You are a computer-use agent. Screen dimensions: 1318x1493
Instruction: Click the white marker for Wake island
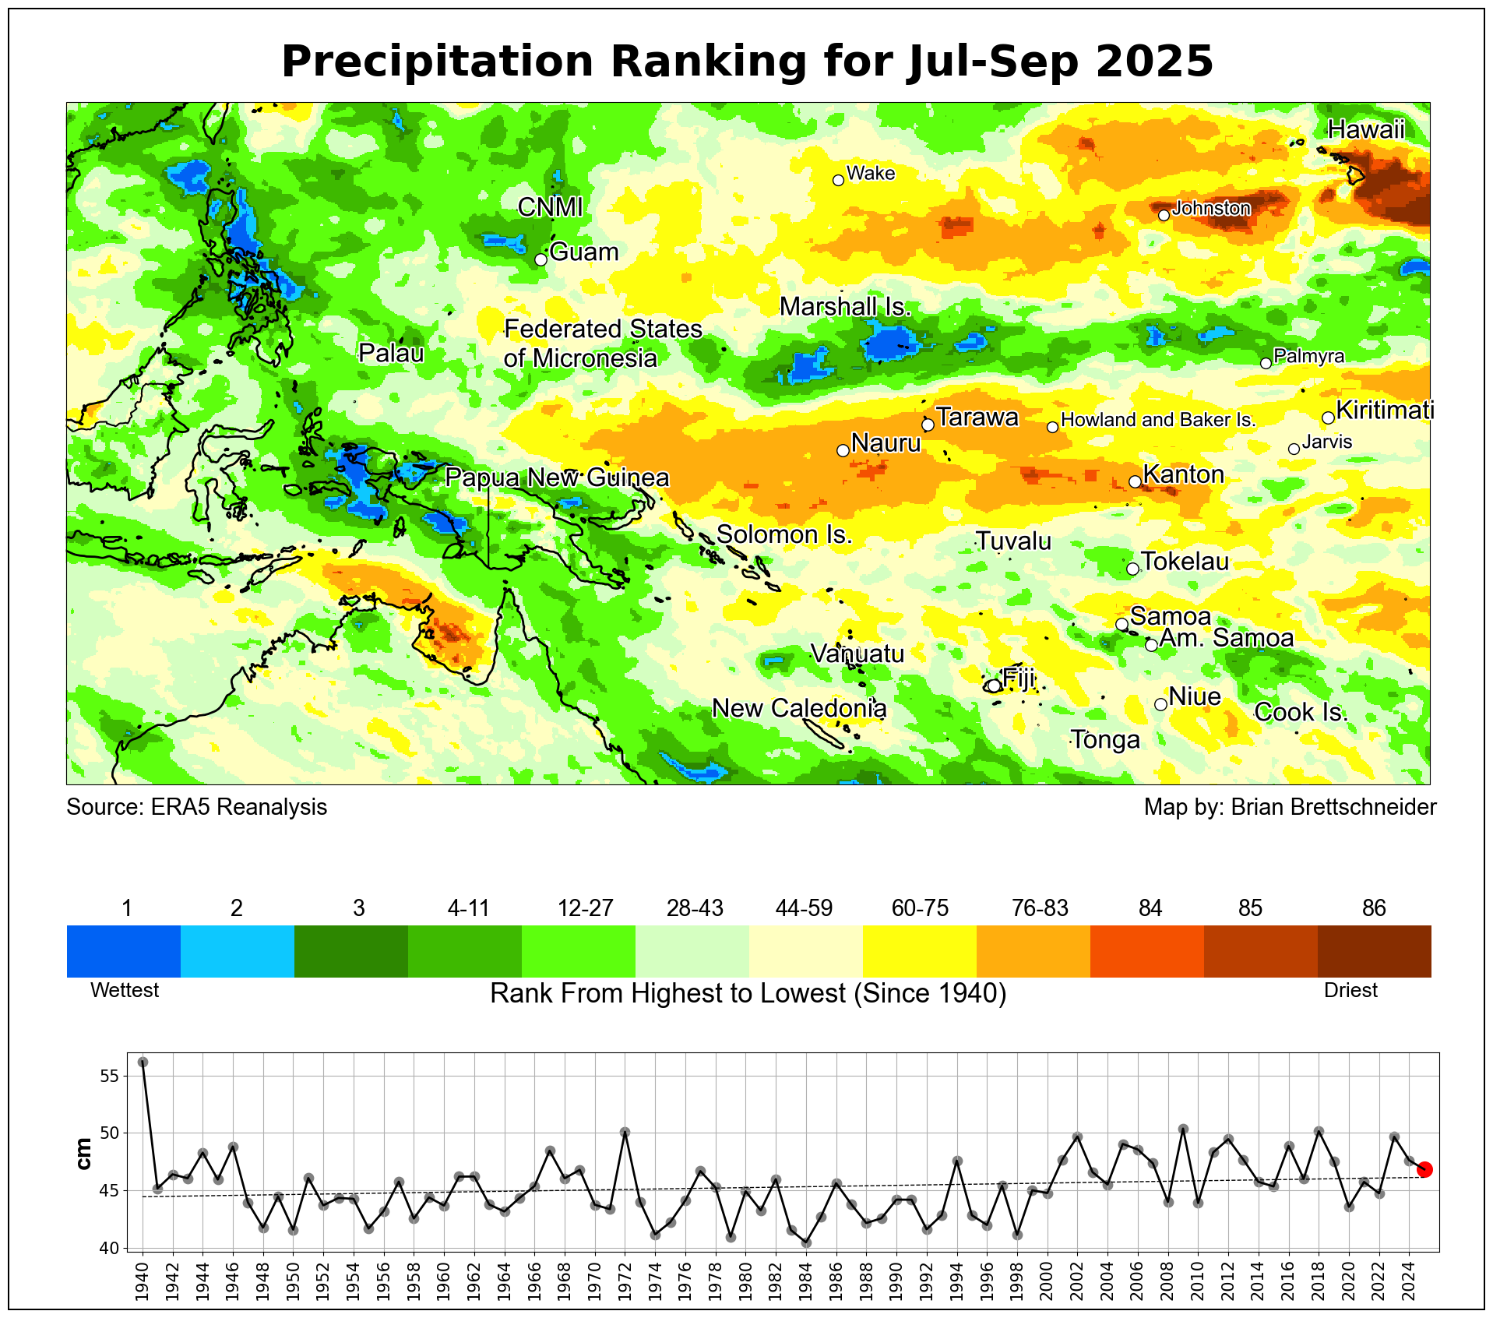838,180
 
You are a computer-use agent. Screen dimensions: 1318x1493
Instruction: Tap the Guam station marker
541,259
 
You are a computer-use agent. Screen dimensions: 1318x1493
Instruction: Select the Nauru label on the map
886,443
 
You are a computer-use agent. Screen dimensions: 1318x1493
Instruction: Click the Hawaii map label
1366,129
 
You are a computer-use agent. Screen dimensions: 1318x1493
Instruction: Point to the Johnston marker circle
1164,215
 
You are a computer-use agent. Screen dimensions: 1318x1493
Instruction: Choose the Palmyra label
1309,356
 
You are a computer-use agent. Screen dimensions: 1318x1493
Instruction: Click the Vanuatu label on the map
857,654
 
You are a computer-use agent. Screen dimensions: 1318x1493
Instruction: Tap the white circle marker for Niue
1160,704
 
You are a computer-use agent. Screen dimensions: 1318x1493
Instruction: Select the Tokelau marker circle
1132,569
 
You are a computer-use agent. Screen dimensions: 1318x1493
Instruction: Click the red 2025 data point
1424,1169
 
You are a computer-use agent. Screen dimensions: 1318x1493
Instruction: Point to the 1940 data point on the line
143,1063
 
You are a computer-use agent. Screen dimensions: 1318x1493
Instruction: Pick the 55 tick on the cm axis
109,1076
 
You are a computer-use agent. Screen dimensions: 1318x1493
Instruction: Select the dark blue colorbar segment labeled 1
124,950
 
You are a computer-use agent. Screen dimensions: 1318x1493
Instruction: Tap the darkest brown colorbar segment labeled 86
1374,950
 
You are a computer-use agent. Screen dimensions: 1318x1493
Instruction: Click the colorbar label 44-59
804,908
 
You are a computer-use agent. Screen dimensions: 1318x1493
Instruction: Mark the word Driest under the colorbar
1350,990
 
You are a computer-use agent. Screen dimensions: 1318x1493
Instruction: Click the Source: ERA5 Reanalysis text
196,807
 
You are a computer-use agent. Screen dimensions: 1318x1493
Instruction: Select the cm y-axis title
83,1153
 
